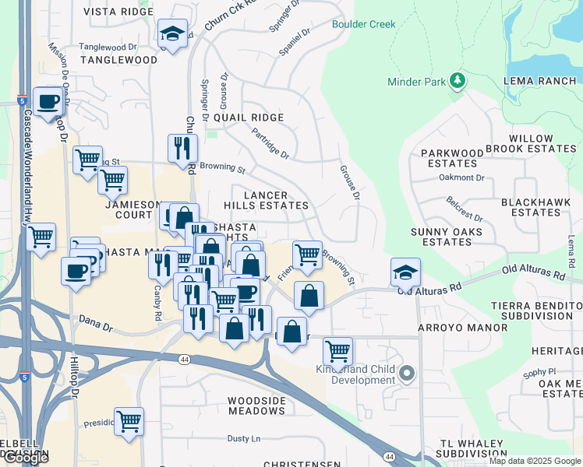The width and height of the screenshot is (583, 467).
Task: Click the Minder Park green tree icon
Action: point(458,81)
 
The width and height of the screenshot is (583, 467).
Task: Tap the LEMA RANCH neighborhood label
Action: point(540,81)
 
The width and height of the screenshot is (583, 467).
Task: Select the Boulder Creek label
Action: point(363,24)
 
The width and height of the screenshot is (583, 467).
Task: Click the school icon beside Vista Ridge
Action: point(172,33)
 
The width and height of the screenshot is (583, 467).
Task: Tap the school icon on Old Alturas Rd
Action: point(405,273)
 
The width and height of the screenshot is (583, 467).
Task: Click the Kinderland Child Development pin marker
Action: point(406,374)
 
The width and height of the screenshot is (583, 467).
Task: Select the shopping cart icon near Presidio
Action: point(129,421)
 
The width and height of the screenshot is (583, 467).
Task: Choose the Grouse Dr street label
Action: point(350,182)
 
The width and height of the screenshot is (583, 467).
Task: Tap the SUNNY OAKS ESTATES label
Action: point(446,237)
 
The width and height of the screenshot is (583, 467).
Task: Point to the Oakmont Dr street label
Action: point(462,177)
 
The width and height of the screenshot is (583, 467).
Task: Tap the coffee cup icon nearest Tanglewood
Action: point(48,101)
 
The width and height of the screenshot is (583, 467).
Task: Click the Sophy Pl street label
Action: point(540,374)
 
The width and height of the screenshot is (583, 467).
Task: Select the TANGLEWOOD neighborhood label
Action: point(118,60)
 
